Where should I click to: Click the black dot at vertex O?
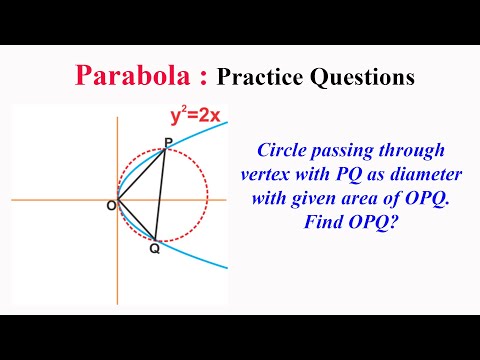[x=118, y=200]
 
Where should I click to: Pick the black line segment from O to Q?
[x=137, y=220]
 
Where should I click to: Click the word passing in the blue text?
[x=352, y=152]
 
